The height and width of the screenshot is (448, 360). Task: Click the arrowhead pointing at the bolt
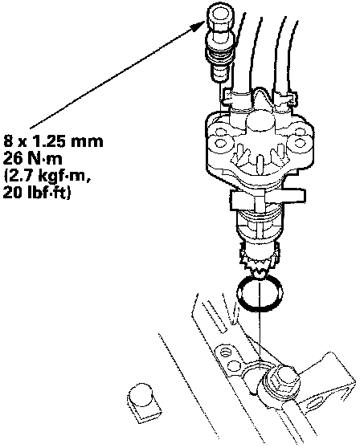(x=198, y=26)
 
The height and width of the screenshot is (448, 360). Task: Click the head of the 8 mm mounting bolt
(x=220, y=17)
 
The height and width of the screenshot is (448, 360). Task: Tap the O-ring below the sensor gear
(x=260, y=295)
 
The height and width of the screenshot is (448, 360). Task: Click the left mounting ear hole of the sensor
(x=220, y=142)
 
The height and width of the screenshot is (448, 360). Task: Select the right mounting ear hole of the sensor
(x=300, y=142)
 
